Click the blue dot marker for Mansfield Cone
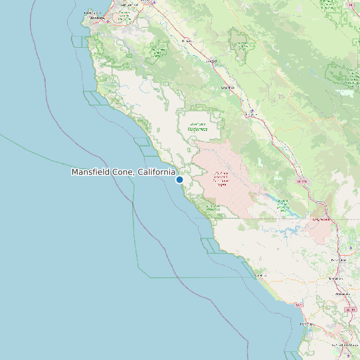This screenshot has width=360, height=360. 179,179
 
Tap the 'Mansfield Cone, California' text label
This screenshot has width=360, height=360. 124,172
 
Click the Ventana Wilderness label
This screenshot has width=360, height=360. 197,127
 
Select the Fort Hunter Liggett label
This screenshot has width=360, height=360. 221,178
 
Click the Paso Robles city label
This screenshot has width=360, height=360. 339,260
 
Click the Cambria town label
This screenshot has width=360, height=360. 260,274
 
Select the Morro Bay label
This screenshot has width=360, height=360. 306,323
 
